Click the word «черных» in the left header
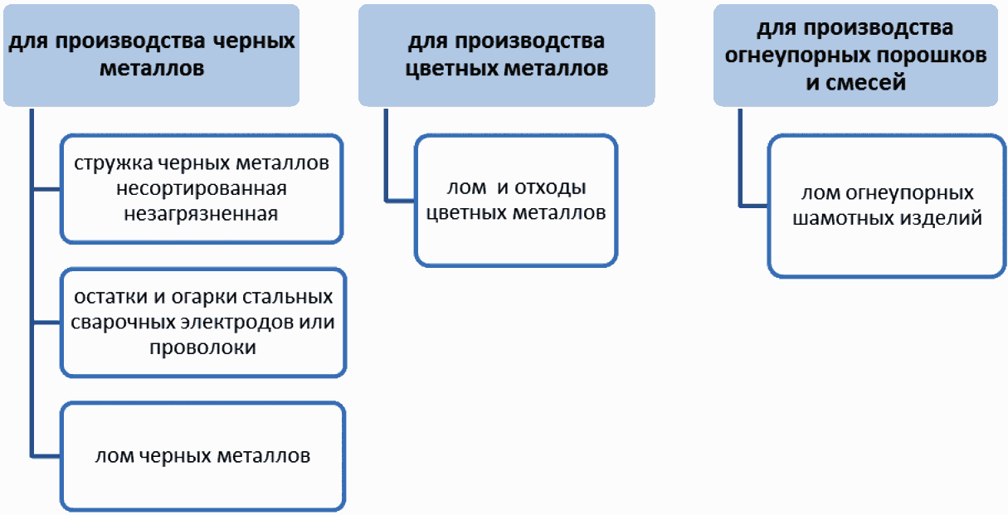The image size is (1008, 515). click(253, 41)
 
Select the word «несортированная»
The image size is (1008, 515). click(202, 188)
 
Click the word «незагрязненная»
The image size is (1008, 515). click(201, 214)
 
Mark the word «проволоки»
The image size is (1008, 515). click(202, 347)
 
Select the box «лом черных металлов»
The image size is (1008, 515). click(203, 456)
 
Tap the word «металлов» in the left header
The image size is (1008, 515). click(152, 69)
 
